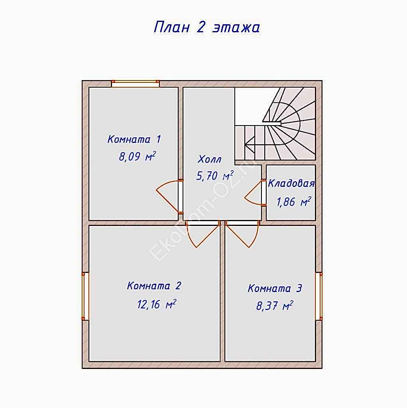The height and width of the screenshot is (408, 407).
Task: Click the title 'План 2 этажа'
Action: [207, 27]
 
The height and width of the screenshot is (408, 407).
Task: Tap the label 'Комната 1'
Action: [134, 139]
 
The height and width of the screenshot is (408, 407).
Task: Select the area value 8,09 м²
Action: [137, 156]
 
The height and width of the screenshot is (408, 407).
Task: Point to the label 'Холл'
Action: [210, 159]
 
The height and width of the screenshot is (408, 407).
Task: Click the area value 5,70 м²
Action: [215, 176]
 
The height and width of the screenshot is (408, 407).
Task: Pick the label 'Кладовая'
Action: [291, 184]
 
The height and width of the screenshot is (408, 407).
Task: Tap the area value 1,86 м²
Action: [294, 202]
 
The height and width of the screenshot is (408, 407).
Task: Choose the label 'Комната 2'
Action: [154, 286]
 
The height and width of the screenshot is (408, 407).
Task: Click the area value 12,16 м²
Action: [157, 304]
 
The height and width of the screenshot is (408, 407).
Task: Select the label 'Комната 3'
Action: [275, 288]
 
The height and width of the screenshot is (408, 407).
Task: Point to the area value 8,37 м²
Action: [275, 306]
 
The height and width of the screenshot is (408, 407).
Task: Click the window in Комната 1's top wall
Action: [136, 84]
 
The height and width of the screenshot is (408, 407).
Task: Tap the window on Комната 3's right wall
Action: [319, 296]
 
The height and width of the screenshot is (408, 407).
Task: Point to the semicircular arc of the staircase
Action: [299, 122]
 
